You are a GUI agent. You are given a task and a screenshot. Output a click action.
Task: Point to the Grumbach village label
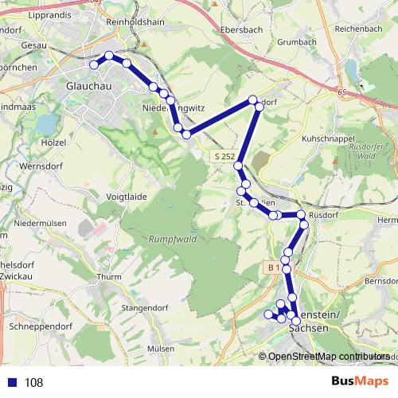[298, 41]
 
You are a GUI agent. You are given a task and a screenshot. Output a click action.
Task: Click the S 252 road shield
[224, 157]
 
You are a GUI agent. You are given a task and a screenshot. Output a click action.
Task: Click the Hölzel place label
[53, 142]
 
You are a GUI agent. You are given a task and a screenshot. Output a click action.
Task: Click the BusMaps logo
[361, 382]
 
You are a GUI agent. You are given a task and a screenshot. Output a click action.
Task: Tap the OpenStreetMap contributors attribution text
[329, 356]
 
